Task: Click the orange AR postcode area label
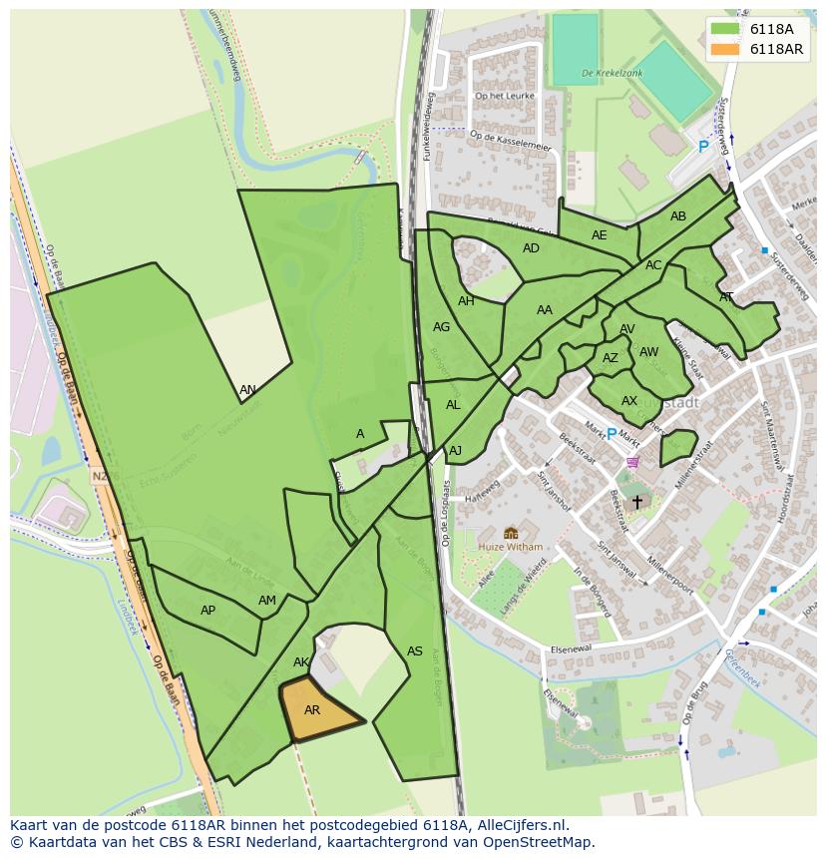tap(312, 710)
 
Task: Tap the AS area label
tap(415, 651)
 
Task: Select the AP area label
tap(207, 610)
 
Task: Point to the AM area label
tap(267, 601)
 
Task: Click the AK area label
tap(301, 662)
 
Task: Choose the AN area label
tap(247, 390)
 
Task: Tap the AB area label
tap(678, 216)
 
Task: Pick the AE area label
tap(599, 235)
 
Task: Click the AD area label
tap(531, 248)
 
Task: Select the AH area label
tap(466, 301)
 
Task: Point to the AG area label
tap(441, 326)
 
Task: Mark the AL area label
tap(453, 405)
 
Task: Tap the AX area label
tap(628, 401)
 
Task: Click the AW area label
tap(648, 352)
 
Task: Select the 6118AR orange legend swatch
tap(724, 49)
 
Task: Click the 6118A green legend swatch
tap(724, 29)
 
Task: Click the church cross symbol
tap(636, 502)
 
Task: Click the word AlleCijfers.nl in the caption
tap(523, 826)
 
